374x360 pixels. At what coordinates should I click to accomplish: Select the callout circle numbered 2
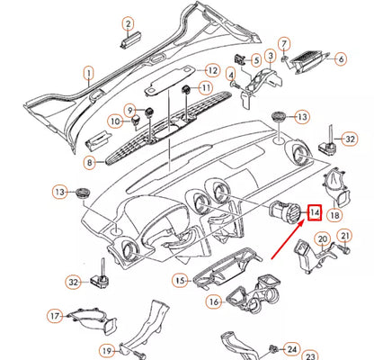point(128,22)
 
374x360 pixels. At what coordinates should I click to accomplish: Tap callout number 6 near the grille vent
point(341,59)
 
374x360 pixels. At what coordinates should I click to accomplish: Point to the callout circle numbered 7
point(284,42)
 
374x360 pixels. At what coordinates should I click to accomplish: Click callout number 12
point(212,70)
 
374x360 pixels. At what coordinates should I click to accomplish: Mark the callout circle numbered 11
point(206,88)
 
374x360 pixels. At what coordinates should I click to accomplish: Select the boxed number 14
point(315,212)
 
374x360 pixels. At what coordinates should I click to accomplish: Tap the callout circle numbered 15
point(180,281)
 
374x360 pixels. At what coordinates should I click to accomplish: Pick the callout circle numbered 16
point(213,301)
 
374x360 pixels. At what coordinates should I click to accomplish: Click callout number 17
point(55,316)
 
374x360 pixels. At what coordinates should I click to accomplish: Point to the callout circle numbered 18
point(334,217)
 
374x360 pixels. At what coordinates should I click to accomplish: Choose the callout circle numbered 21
point(343,238)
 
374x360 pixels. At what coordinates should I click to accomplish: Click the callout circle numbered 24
point(292,348)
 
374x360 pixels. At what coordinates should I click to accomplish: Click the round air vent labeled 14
point(289,215)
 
